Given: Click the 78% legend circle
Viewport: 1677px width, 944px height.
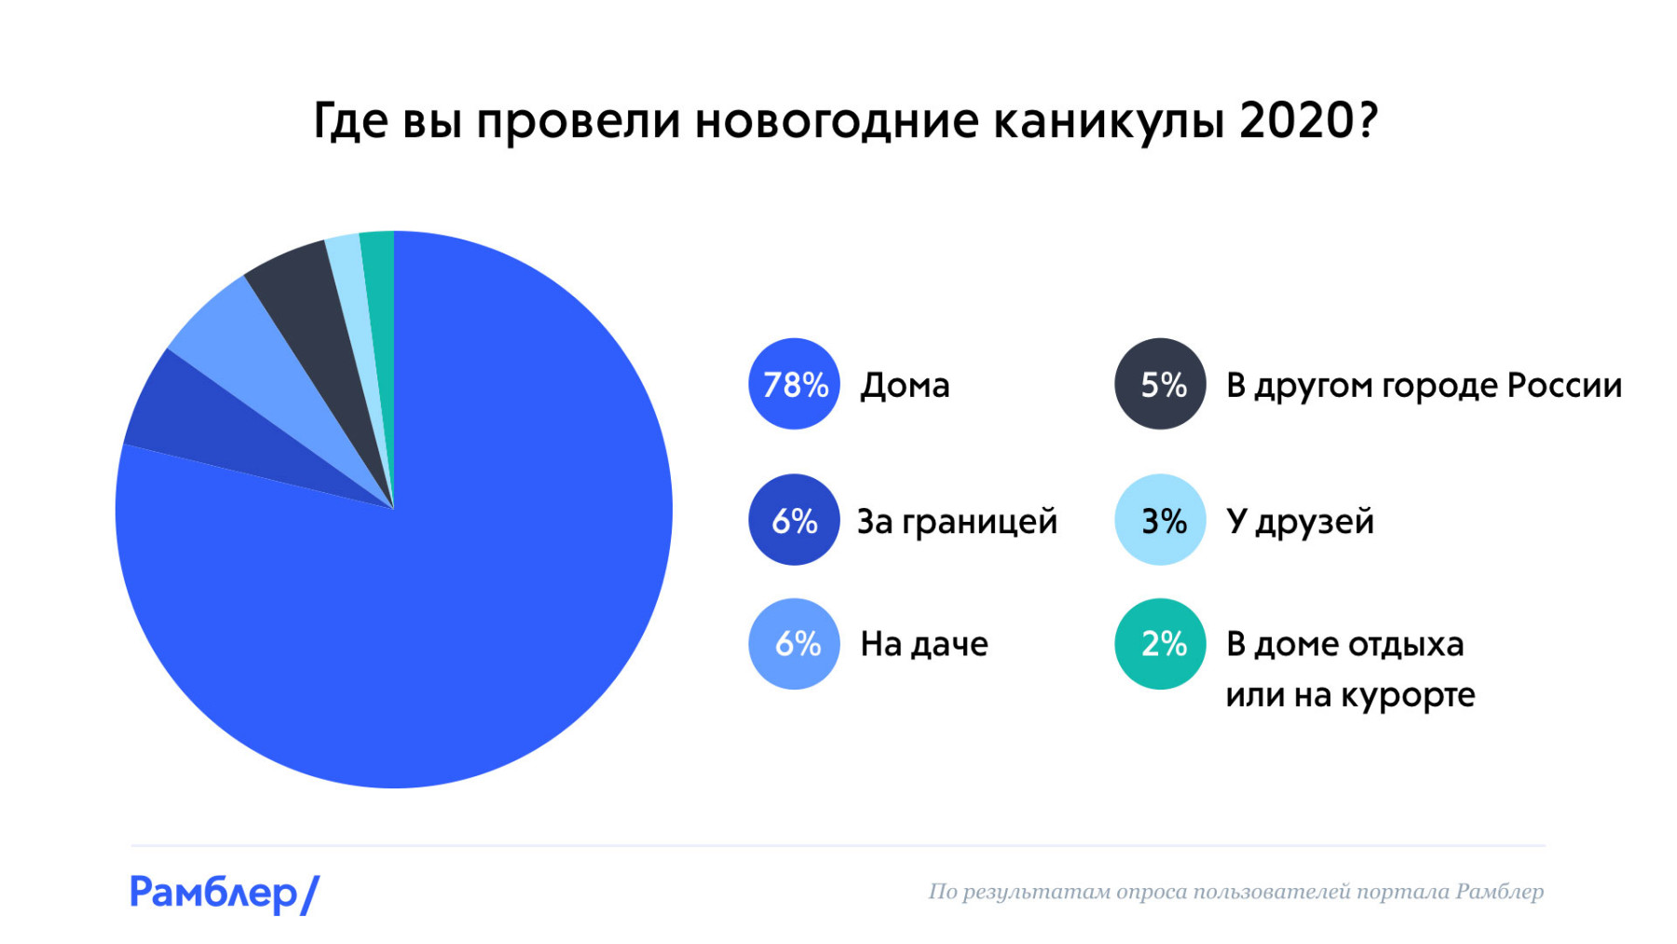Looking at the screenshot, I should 794,384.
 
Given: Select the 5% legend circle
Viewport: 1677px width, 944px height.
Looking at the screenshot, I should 1160,384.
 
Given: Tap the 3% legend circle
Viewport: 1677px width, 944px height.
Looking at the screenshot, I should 1160,520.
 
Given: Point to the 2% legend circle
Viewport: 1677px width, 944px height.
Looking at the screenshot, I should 1160,644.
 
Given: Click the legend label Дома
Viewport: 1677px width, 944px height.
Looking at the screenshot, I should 905,385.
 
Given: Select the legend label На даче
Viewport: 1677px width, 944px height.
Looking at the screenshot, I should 923,644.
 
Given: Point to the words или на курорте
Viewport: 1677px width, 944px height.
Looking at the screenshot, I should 1350,695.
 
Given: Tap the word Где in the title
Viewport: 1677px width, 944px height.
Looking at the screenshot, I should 349,122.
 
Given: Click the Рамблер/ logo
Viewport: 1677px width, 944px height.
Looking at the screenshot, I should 224,893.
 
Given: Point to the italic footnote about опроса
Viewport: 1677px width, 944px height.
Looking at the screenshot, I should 1235,892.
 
